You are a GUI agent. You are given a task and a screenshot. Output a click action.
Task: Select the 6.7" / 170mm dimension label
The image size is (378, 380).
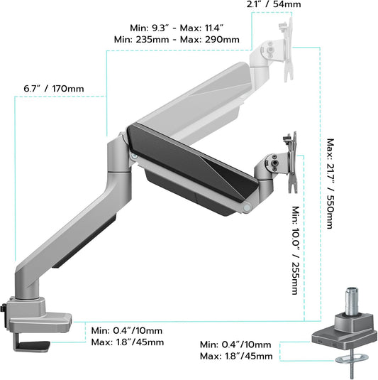(x=53, y=88)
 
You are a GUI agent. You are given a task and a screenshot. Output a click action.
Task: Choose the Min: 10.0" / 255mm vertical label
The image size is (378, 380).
(x=296, y=251)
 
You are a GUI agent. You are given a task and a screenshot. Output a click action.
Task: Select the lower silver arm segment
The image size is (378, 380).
(x=74, y=227)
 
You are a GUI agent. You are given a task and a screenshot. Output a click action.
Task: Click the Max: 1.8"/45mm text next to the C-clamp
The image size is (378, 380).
(x=128, y=342)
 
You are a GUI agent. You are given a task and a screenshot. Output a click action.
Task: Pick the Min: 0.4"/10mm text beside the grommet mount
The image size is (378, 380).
(x=237, y=344)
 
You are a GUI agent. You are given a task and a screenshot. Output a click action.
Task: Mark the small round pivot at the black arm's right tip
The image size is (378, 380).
(x=247, y=206)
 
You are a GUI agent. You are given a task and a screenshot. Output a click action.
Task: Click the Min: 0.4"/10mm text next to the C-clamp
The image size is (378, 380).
(x=128, y=330)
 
